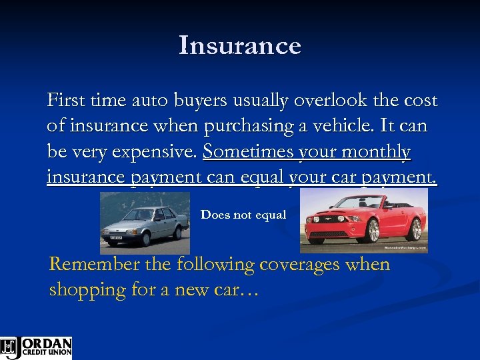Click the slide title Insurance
pos(240,46)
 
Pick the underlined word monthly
pos(378,152)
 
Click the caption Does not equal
pos(243,215)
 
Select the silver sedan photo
pos(145,223)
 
